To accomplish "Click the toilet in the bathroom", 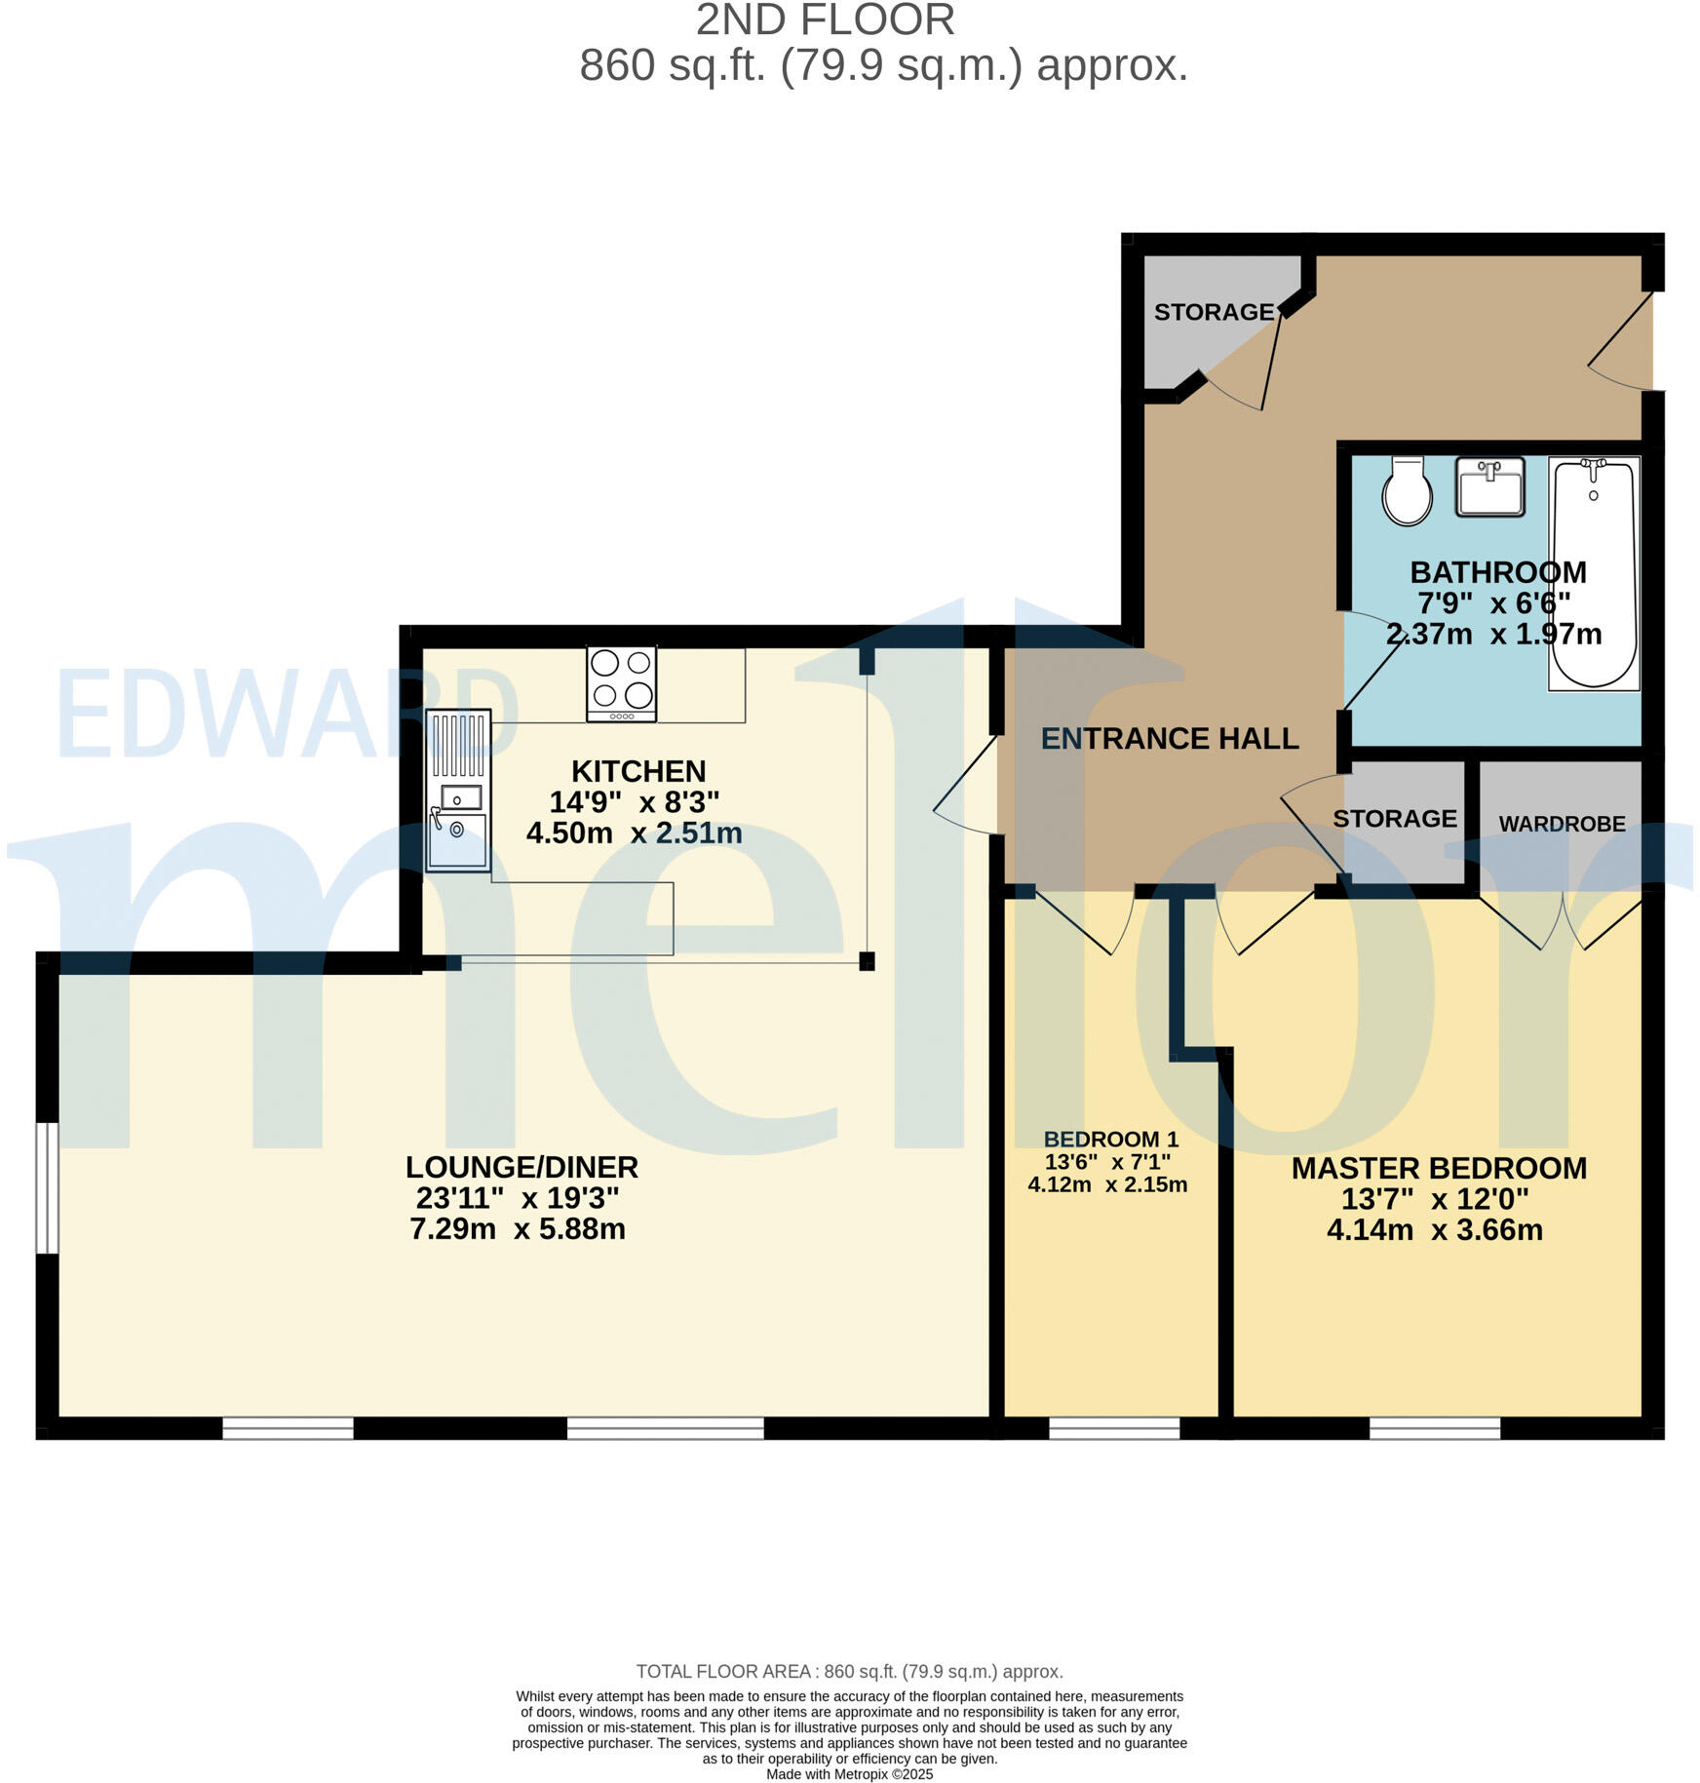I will click(x=1407, y=491).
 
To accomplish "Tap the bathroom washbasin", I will click(x=1489, y=487).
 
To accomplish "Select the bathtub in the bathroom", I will click(x=1593, y=573).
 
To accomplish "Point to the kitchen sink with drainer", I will click(x=458, y=790).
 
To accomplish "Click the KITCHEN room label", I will click(x=637, y=771).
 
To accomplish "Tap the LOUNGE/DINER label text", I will click(x=522, y=1167).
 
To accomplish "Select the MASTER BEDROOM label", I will click(x=1438, y=1168).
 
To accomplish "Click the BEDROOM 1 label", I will click(x=1110, y=1139).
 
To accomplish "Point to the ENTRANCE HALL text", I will click(x=1169, y=739).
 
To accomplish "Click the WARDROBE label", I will click(x=1561, y=824).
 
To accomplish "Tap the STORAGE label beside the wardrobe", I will click(x=1394, y=819).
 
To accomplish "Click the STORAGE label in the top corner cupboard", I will click(x=1213, y=312).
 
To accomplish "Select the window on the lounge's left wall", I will click(x=47, y=1187).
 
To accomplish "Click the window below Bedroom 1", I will click(x=1113, y=1428).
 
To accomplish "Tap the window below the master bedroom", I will click(x=1434, y=1428).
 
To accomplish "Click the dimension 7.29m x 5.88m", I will click(x=517, y=1229).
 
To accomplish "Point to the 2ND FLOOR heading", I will click(x=825, y=21).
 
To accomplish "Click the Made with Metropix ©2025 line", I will click(x=849, y=1774).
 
